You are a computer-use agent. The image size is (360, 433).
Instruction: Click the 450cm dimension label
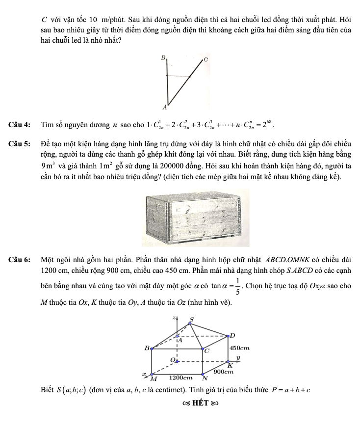tap(240, 348)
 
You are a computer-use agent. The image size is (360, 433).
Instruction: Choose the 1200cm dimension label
tap(180, 378)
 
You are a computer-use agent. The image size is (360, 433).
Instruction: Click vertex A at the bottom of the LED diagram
tap(164, 107)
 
